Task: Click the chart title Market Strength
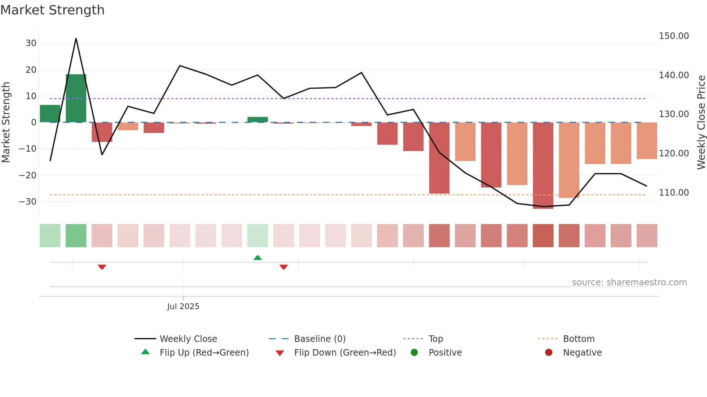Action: pyautogui.click(x=52, y=10)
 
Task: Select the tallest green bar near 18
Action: pyautogui.click(x=76, y=98)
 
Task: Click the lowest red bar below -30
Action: pyautogui.click(x=543, y=166)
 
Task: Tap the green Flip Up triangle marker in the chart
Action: pyautogui.click(x=258, y=258)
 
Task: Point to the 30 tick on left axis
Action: pyautogui.click(x=31, y=43)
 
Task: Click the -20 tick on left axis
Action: pyautogui.click(x=28, y=175)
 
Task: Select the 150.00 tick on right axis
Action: pyautogui.click(x=673, y=36)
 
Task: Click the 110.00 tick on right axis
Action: pyautogui.click(x=673, y=193)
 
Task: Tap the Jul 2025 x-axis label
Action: pyautogui.click(x=183, y=306)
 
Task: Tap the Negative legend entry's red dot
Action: pyautogui.click(x=549, y=352)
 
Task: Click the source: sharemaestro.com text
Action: pyautogui.click(x=629, y=282)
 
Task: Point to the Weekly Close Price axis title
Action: pyautogui.click(x=701, y=122)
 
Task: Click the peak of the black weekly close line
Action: pyautogui.click(x=76, y=39)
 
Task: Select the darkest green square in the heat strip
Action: pyautogui.click(x=76, y=236)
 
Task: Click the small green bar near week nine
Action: pyautogui.click(x=258, y=120)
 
